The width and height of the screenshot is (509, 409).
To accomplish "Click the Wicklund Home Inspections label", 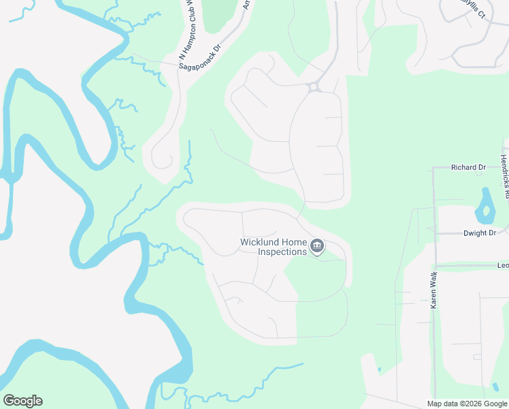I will point(274,247).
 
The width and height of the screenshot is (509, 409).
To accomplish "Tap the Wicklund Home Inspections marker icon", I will point(316,246).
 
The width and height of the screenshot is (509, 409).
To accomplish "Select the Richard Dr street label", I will point(469,167).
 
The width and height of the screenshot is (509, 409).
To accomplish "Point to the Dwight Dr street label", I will point(479,233).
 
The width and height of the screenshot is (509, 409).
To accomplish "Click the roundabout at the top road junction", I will point(314,87).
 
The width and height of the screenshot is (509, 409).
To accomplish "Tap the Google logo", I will point(22,401).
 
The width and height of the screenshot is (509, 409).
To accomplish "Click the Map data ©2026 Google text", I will point(467,404).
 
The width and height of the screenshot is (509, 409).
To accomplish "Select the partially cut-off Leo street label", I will point(503,265).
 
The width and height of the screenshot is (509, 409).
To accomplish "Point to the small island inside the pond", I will point(486,210).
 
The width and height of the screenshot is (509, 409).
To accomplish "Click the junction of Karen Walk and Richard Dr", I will point(433,168).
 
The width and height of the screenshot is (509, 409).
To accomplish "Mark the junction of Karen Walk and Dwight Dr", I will point(433,233).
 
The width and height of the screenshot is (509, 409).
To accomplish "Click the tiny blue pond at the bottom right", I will point(379,372).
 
